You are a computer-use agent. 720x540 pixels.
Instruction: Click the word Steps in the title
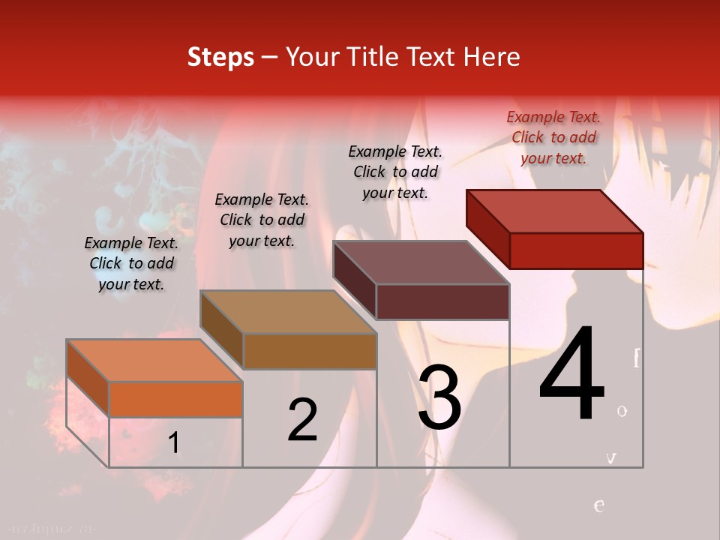220,57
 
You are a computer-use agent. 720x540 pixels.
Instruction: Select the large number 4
571,375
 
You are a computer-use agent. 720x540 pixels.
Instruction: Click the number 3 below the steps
439,398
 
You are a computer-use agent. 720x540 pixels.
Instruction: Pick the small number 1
174,442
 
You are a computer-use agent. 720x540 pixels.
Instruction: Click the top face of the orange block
154,360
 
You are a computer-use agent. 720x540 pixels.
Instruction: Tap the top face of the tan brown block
288,312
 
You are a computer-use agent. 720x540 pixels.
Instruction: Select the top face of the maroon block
421,262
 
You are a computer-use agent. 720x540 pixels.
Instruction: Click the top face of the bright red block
555,211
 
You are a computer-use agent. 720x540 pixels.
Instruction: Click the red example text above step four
553,137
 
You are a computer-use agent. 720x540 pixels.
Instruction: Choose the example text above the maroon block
395,172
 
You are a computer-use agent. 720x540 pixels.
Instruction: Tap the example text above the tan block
262,220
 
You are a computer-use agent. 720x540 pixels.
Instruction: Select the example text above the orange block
131,263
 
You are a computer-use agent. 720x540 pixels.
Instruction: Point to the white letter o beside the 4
622,410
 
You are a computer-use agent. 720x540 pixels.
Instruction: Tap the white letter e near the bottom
598,505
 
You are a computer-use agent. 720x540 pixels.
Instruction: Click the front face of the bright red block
576,250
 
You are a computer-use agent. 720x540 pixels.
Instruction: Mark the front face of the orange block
175,399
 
